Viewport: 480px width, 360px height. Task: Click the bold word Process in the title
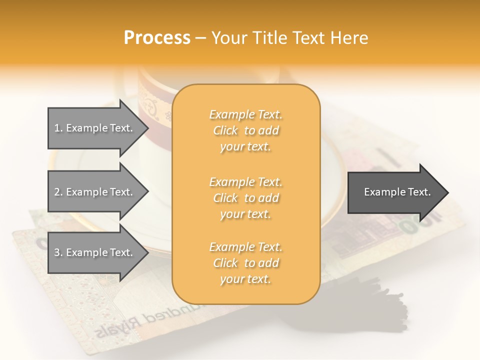click(x=157, y=38)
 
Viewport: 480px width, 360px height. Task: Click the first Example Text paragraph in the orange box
click(x=245, y=130)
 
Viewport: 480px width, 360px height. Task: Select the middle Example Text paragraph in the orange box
click(x=245, y=198)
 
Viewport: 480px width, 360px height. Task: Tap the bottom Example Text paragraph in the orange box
click(x=245, y=263)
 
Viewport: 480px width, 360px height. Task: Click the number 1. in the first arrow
click(x=58, y=128)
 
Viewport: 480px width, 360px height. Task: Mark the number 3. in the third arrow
click(x=58, y=252)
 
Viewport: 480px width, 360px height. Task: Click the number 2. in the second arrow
click(x=58, y=192)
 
